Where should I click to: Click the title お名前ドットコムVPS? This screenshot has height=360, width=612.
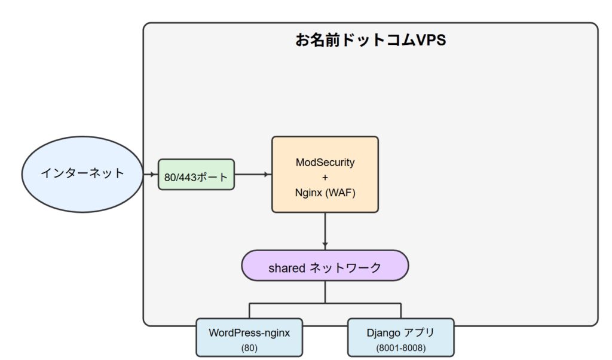pyautogui.click(x=371, y=40)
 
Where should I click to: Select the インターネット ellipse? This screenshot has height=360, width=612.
pyautogui.click(x=82, y=174)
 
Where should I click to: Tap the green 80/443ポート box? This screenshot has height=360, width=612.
pyautogui.click(x=196, y=175)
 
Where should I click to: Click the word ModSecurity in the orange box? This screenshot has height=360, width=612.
pyautogui.click(x=325, y=163)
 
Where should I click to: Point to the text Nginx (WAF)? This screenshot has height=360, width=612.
pyautogui.click(x=325, y=193)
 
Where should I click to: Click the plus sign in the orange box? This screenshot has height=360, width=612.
pyautogui.click(x=325, y=178)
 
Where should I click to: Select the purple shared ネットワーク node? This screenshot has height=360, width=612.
pyautogui.click(x=325, y=266)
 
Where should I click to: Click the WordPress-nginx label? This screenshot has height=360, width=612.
pyautogui.click(x=249, y=332)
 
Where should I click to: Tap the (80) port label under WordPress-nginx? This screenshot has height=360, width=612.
pyautogui.click(x=249, y=347)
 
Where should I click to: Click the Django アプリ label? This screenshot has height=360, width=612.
pyautogui.click(x=400, y=332)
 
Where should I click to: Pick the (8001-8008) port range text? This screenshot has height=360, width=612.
pyautogui.click(x=401, y=347)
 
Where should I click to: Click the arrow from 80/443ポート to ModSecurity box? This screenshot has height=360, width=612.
pyautogui.click(x=253, y=174)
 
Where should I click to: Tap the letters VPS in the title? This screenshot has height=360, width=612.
pyautogui.click(x=431, y=40)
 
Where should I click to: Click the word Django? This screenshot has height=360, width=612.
pyautogui.click(x=383, y=333)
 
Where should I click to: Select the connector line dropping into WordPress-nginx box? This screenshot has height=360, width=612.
pyautogui.click(x=249, y=311)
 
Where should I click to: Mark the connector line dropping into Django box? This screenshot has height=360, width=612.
pyautogui.click(x=401, y=311)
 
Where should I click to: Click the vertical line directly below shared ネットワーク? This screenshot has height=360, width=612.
pyautogui.click(x=325, y=292)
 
